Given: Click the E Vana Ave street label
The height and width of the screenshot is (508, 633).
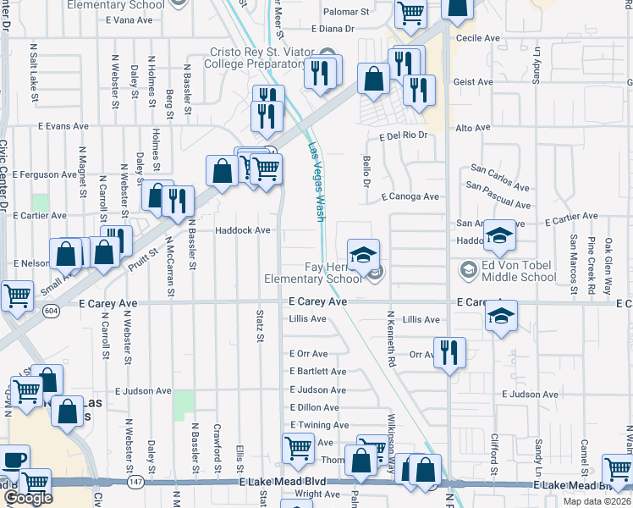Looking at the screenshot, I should click(x=126, y=19).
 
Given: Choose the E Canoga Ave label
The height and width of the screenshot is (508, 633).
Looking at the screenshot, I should click(x=410, y=196).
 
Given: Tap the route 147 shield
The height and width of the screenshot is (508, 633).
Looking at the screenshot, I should click(x=135, y=481).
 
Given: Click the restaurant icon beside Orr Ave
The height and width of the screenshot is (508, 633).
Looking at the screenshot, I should click(x=449, y=351).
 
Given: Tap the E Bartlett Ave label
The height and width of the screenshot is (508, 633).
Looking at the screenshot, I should click(x=317, y=372).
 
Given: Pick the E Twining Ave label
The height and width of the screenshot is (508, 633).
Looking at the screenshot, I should click(x=318, y=425).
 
